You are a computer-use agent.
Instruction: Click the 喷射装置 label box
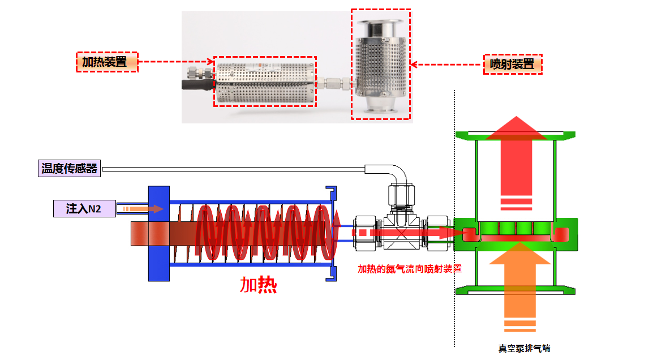(513, 65)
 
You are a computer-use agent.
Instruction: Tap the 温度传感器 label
(69, 169)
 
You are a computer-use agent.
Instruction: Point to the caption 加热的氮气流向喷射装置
(409, 269)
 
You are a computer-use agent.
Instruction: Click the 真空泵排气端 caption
(524, 348)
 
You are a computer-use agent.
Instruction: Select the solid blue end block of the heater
(159, 233)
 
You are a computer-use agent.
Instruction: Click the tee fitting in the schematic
(401, 232)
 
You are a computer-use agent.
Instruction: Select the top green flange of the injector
(515, 136)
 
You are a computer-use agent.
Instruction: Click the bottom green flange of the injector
(515, 290)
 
